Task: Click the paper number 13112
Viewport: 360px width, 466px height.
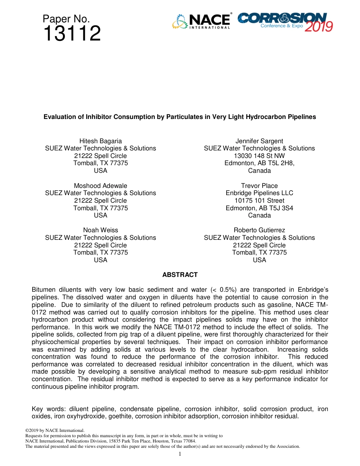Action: click(x=72, y=34)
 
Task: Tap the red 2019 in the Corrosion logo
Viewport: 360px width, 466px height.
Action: click(x=319, y=27)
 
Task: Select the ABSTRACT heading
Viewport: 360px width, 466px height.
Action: click(x=180, y=275)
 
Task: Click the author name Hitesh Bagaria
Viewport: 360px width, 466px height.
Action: click(x=100, y=141)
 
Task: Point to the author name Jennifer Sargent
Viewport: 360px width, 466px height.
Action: click(x=259, y=141)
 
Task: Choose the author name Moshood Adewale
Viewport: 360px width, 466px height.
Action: click(x=100, y=186)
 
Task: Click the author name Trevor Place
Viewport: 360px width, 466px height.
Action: click(x=259, y=186)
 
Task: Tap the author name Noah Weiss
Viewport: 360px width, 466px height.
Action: click(x=100, y=230)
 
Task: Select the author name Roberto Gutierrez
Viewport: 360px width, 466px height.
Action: click(x=259, y=230)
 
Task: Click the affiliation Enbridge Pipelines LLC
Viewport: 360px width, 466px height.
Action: click(x=259, y=193)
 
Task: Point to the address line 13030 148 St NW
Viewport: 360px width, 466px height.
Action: click(x=259, y=156)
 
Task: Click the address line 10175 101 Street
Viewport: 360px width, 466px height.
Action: click(x=259, y=200)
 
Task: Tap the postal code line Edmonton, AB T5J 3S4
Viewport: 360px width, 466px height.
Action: click(x=259, y=208)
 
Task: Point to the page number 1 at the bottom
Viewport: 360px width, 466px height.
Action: click(x=180, y=454)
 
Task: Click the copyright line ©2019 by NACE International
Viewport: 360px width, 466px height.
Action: click(x=55, y=430)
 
